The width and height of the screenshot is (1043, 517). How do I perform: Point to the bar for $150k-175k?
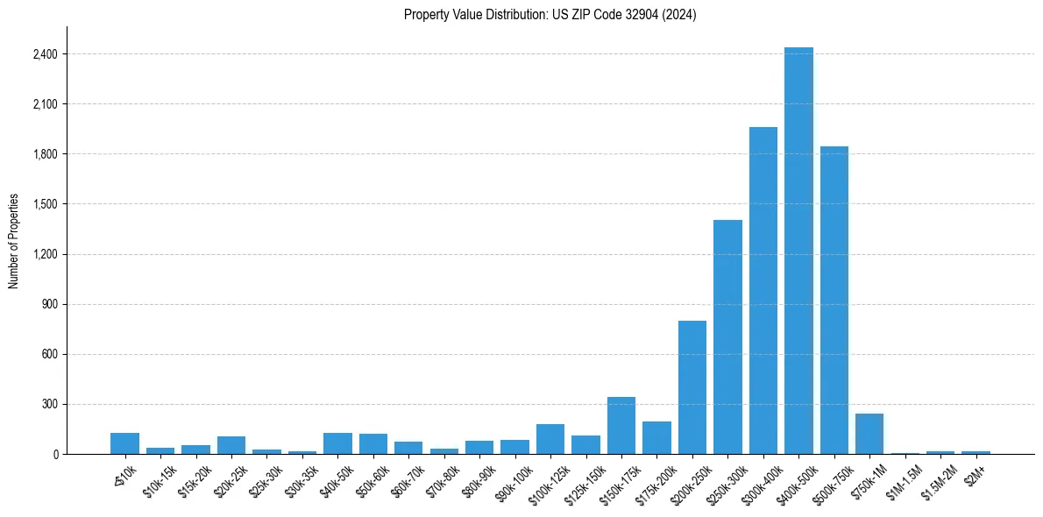pyautogui.click(x=621, y=426)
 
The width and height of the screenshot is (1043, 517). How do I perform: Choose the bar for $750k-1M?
pyautogui.click(x=869, y=434)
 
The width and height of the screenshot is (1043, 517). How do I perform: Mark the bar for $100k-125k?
pyautogui.click(x=550, y=439)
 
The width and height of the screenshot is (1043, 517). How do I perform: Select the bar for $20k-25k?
pyautogui.click(x=231, y=445)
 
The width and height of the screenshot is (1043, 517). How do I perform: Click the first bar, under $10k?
pyautogui.click(x=125, y=443)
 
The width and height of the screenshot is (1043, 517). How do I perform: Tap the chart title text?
pyautogui.click(x=550, y=15)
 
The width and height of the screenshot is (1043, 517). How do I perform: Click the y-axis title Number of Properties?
pyautogui.click(x=14, y=241)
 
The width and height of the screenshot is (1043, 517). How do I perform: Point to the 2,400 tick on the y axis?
pyautogui.click(x=45, y=54)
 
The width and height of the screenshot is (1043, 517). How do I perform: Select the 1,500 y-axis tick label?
pyautogui.click(x=45, y=204)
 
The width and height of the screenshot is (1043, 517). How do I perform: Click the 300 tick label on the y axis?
pyautogui.click(x=48, y=404)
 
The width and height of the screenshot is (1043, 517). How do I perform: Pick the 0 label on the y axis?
pyautogui.click(x=54, y=454)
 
